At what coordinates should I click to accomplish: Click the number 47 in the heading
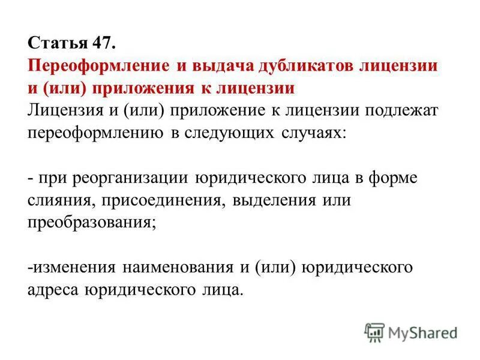click(102, 44)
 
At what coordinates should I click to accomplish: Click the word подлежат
click(394, 110)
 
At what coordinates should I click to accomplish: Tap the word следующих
click(229, 133)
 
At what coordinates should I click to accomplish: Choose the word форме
click(397, 178)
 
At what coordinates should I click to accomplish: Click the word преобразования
click(92, 221)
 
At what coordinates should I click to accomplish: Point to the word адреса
click(52, 289)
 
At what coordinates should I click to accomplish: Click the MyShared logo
click(410, 332)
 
